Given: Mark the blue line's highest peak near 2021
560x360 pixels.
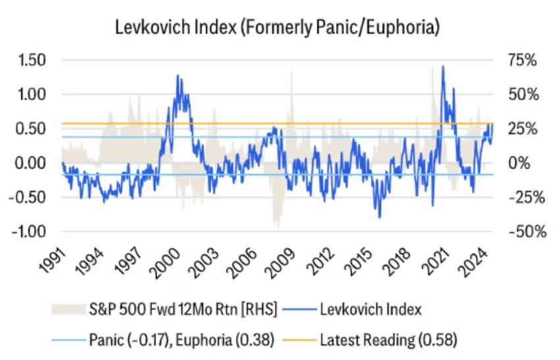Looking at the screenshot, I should (x=443, y=66).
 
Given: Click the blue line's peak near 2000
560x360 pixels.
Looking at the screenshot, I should (x=177, y=76).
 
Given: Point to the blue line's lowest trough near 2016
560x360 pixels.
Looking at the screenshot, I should (x=379, y=217).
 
